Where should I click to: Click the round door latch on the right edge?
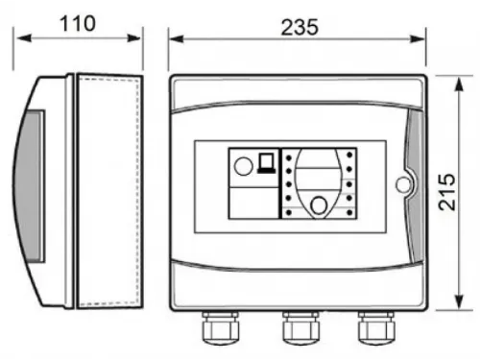click(x=403, y=181)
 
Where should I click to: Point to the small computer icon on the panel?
click(x=266, y=162)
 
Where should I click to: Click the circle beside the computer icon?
click(x=244, y=165)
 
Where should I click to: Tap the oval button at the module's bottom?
click(x=317, y=203)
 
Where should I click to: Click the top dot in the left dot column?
click(x=287, y=156)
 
